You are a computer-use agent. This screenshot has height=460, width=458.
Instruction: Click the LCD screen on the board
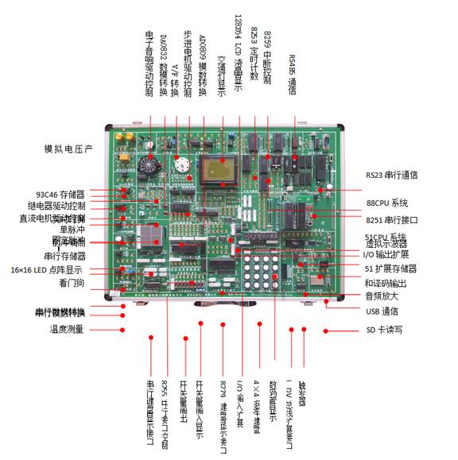pyautogui.click(x=216, y=170)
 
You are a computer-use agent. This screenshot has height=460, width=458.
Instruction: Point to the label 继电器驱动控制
pyautogui.click(x=53, y=206)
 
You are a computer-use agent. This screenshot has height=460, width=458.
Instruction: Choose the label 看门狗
pyautogui.click(x=72, y=283)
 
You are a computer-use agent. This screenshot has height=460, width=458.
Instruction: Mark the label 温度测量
pyautogui.click(x=65, y=329)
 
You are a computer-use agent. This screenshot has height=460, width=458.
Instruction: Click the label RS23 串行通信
pyautogui.click(x=391, y=175)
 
